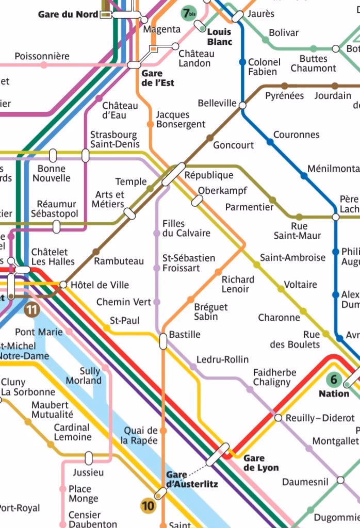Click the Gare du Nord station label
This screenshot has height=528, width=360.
click(x=68, y=14)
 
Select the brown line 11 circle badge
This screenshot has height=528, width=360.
click(x=32, y=309)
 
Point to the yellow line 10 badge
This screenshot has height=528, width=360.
click(x=148, y=506)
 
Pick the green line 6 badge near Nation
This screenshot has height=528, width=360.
click(x=333, y=381)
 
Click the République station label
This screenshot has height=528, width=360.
click(x=209, y=175)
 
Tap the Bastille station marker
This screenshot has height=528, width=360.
click(x=163, y=341)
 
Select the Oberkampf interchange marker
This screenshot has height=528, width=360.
click(x=197, y=201)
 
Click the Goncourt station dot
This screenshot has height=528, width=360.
click(x=209, y=138)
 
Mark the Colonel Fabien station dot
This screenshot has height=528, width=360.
click(x=242, y=62)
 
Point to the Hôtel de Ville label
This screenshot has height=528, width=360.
click(x=100, y=285)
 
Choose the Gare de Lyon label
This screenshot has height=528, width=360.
click(x=261, y=463)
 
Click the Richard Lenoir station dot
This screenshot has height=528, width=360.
click(x=218, y=272)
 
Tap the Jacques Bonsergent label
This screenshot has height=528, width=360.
click(x=181, y=119)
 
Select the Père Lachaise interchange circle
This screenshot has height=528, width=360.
click(x=336, y=217)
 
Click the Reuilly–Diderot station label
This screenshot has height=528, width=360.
click(x=320, y=418)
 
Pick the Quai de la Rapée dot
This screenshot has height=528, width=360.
click(x=163, y=431)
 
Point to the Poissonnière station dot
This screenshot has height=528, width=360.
click(x=44, y=65)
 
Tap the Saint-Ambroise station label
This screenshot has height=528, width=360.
click(x=292, y=257)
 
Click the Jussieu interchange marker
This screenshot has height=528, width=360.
click(x=89, y=457)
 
